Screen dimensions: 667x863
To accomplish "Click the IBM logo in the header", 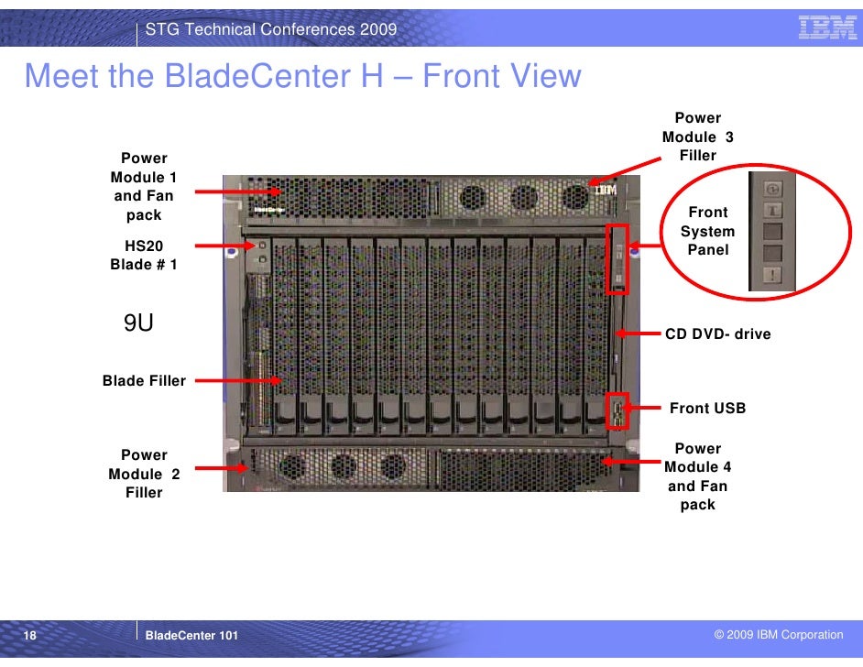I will pyautogui.click(x=826, y=29).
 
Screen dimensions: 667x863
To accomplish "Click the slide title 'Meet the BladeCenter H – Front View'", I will pyautogui.click(x=302, y=76).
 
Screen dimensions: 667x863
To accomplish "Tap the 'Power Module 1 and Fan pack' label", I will pyautogui.click(x=144, y=187).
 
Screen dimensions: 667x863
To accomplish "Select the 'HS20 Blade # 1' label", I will pyautogui.click(x=144, y=256).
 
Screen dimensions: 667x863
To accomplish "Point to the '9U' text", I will pyautogui.click(x=138, y=323).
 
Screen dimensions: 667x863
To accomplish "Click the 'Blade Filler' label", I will pyautogui.click(x=144, y=380).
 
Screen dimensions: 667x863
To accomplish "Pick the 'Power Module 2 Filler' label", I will pyautogui.click(x=144, y=474).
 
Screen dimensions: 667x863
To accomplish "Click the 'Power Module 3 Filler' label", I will pyautogui.click(x=698, y=137).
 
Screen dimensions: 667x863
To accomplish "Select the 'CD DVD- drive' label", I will pyautogui.click(x=717, y=334).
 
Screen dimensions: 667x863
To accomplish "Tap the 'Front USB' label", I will pyautogui.click(x=707, y=408).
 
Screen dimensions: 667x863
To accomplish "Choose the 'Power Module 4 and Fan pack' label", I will pyautogui.click(x=697, y=476).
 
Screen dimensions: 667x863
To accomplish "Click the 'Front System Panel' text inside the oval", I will pyautogui.click(x=707, y=231).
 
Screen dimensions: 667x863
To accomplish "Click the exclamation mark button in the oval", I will pyautogui.click(x=771, y=275).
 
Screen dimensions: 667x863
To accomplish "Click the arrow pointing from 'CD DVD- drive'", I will pyautogui.click(x=639, y=334).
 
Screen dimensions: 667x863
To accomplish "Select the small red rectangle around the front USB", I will pyautogui.click(x=619, y=410).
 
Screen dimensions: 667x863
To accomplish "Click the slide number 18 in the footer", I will pyautogui.click(x=30, y=635).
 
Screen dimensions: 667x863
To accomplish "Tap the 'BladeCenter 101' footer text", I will pyautogui.click(x=191, y=635).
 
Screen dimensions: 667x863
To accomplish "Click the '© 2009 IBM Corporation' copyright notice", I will pyautogui.click(x=778, y=635).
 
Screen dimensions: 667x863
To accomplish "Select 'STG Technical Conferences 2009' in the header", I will pyautogui.click(x=271, y=29).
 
